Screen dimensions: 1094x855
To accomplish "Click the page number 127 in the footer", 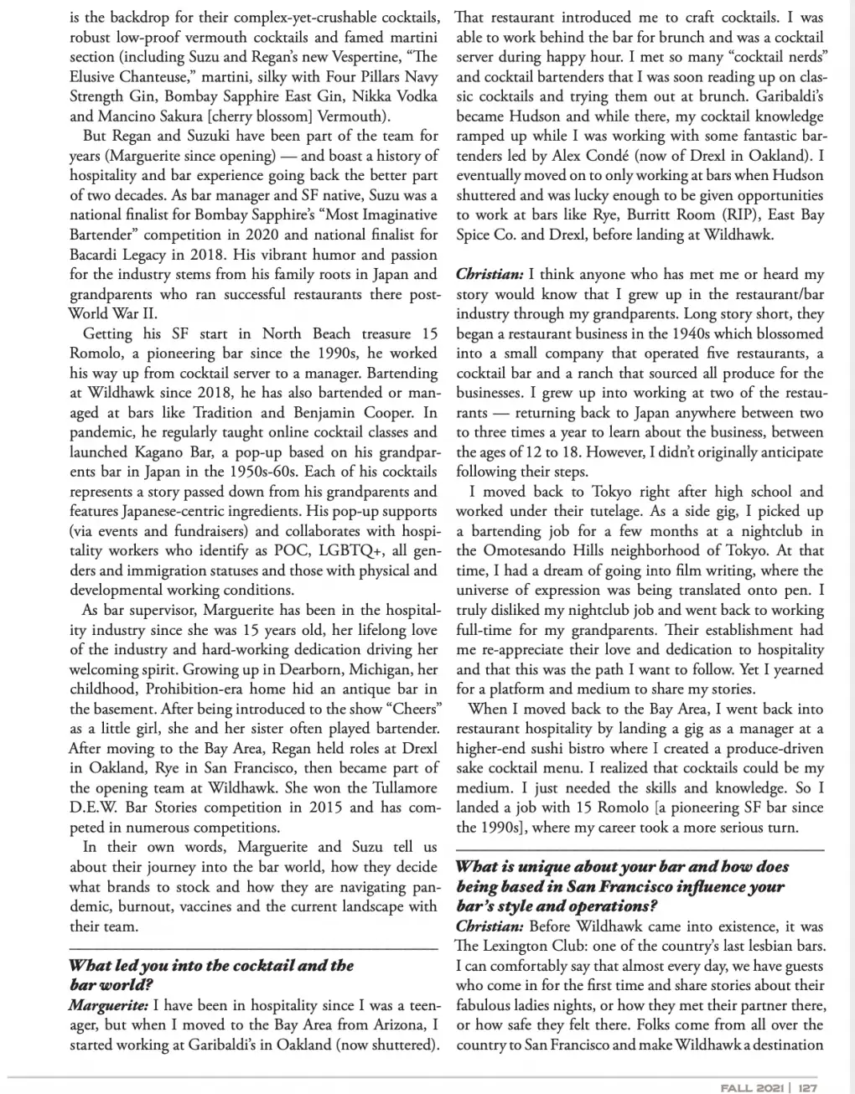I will [807, 1087].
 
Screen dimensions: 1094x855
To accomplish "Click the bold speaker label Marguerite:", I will [108, 1005].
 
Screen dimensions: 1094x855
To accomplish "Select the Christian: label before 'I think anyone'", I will [490, 275].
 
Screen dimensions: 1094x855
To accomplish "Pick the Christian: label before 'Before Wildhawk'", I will [490, 926].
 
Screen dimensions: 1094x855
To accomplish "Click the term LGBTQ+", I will [335, 550].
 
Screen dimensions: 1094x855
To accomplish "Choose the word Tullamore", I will [393, 787].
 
